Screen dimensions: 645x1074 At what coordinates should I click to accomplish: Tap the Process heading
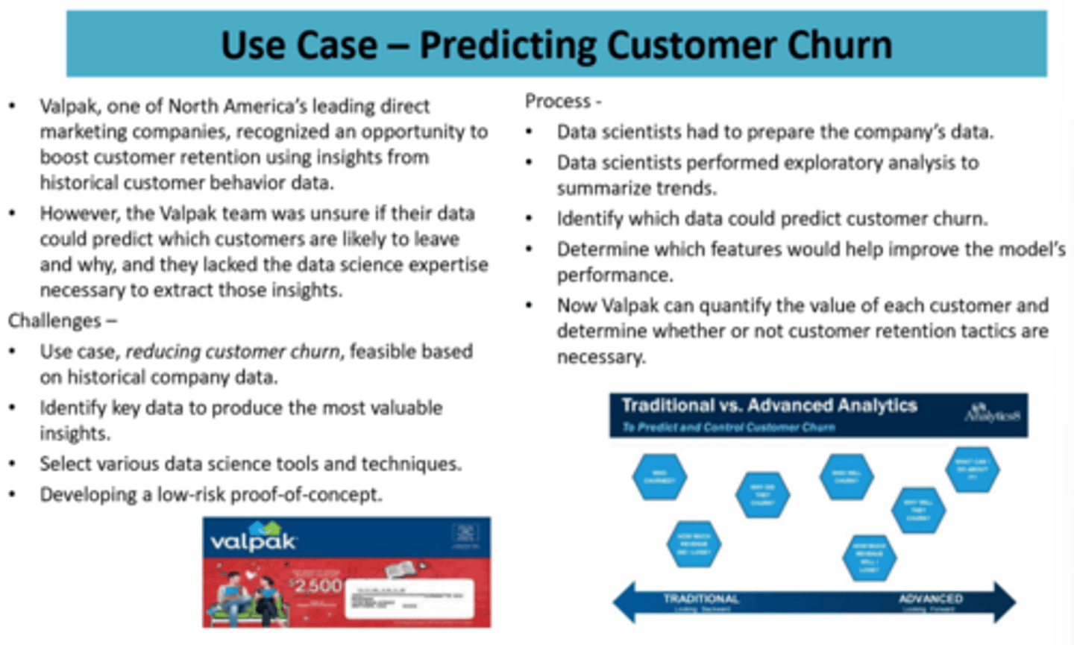(x=557, y=101)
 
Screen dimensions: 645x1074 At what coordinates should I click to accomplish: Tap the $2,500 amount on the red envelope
(x=316, y=585)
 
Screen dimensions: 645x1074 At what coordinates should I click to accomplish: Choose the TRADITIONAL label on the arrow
(x=700, y=599)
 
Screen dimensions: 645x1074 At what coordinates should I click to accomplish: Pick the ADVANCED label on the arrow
(x=930, y=599)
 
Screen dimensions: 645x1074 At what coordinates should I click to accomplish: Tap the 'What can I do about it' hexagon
(x=972, y=470)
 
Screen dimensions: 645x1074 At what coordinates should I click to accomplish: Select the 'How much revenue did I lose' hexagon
(x=694, y=544)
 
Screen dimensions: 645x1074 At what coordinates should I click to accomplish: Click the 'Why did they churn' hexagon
(x=762, y=494)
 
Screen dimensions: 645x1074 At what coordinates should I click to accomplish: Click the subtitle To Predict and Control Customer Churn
(x=728, y=427)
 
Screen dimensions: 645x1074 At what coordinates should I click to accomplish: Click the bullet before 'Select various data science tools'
(x=13, y=464)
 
